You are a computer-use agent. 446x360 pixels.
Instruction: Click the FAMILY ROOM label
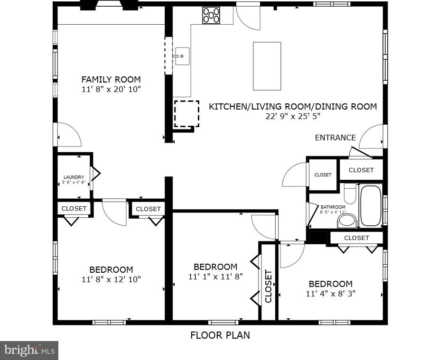click(x=111, y=79)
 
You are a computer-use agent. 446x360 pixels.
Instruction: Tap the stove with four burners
click(x=211, y=15)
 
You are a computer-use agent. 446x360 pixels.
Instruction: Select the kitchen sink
click(x=182, y=56)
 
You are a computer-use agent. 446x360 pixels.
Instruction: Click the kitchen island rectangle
click(x=267, y=66)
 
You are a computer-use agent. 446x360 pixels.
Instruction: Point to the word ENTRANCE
click(x=335, y=138)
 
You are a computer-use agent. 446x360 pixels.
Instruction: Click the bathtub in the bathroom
click(x=371, y=206)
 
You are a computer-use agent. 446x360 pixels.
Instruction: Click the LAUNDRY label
click(x=74, y=177)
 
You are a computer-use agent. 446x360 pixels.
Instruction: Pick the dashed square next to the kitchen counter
click(x=186, y=113)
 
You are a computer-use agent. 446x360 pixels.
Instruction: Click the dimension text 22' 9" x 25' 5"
click(x=293, y=116)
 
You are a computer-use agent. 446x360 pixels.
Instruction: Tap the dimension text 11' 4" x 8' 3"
click(x=331, y=294)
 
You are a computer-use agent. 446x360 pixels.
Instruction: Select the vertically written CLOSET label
click(x=269, y=286)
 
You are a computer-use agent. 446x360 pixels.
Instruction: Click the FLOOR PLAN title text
click(x=220, y=335)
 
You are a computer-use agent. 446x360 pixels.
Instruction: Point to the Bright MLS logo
click(x=29, y=351)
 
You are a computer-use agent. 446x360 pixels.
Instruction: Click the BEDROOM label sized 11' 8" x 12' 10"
click(x=111, y=269)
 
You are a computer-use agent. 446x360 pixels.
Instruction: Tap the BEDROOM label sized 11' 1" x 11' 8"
click(x=215, y=267)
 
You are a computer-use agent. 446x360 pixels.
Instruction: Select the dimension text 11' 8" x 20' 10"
click(x=111, y=89)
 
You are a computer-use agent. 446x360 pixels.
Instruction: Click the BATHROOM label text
click(x=333, y=207)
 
